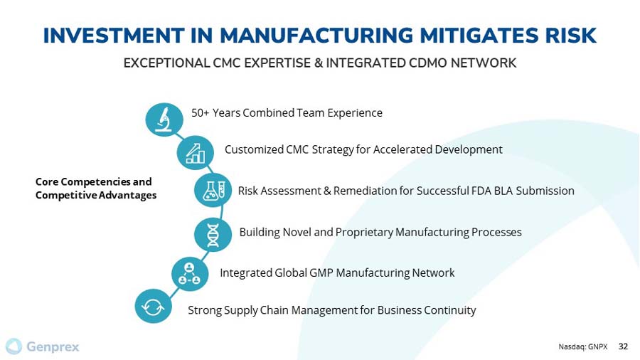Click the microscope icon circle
(x=164, y=120)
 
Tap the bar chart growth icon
(x=195, y=153)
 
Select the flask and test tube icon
(x=213, y=190)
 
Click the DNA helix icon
(x=213, y=235)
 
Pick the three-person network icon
(x=190, y=274)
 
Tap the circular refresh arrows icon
(x=153, y=306)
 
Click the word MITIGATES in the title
(x=479, y=36)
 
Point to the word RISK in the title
(x=570, y=36)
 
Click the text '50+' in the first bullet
(x=200, y=112)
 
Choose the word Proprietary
(x=364, y=232)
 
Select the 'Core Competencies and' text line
(x=93, y=181)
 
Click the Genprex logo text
(x=53, y=347)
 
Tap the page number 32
(x=623, y=346)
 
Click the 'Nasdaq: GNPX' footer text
(x=583, y=347)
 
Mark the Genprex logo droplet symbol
(x=14, y=346)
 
